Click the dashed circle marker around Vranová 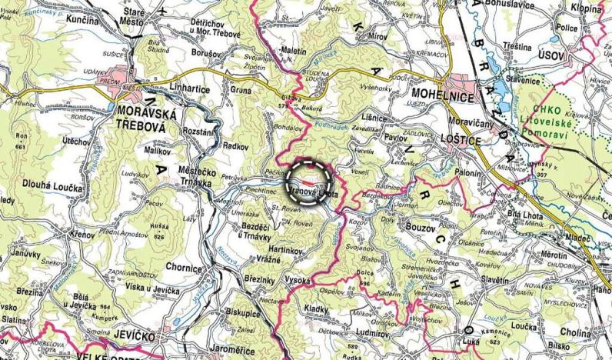coord(308,182)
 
